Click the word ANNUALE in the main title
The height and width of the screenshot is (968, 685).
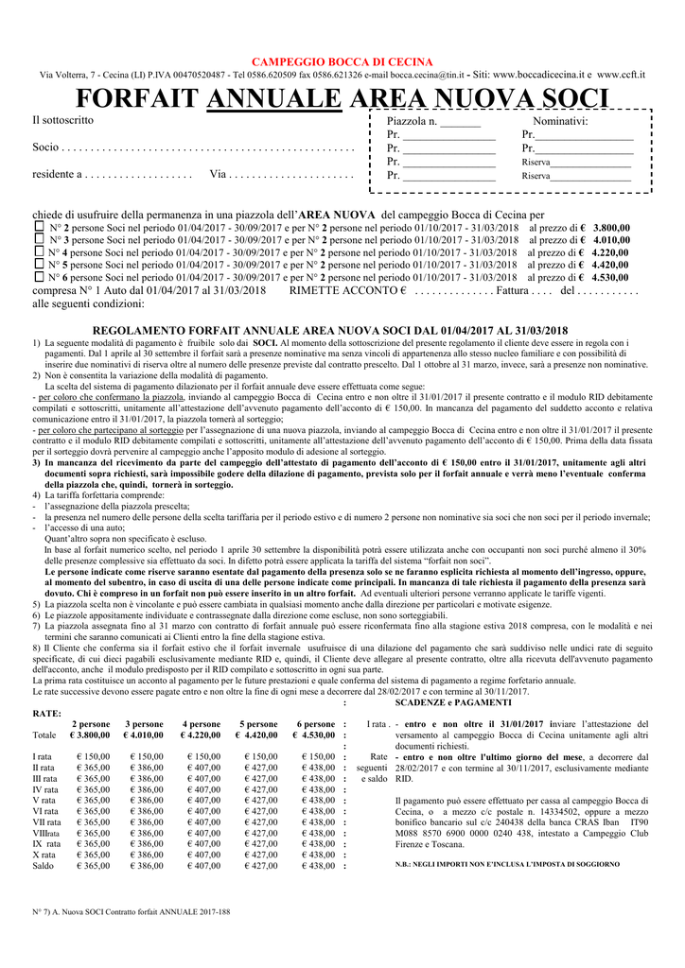coord(273,98)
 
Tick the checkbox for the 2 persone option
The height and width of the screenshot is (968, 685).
coord(39,228)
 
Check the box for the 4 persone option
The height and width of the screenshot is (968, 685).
coord(39,252)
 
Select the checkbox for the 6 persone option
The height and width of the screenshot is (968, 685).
coord(39,277)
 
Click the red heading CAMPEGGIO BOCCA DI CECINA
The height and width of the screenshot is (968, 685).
coord(342,61)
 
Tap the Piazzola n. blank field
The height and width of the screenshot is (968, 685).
coord(460,122)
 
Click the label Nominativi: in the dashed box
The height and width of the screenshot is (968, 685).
coord(560,122)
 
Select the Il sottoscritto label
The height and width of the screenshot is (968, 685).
coord(62,120)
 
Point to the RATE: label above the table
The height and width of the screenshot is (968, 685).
coord(47,713)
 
